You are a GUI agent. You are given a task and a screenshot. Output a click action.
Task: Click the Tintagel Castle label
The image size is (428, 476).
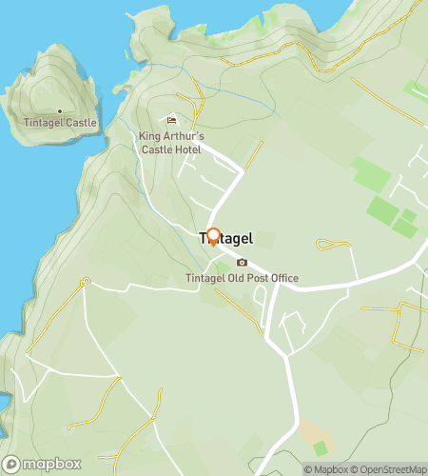tap(59, 124)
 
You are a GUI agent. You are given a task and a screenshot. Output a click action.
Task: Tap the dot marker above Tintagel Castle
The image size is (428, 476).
tap(60, 111)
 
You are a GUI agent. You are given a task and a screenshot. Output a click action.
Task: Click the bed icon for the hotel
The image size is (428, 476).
tap(171, 120)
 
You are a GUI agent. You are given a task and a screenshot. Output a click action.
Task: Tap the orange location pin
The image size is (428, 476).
tap(213, 237)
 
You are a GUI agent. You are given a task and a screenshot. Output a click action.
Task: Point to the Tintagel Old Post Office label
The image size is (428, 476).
tap(242, 278)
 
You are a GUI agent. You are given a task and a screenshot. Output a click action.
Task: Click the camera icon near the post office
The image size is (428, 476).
tap(242, 263)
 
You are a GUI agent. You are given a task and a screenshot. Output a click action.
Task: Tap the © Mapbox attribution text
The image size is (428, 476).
tap(326, 469)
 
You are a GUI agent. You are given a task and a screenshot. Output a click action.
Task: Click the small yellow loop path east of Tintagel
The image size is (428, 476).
tap(330, 246)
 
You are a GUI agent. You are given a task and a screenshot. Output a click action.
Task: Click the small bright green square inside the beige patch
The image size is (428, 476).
tap(321, 447)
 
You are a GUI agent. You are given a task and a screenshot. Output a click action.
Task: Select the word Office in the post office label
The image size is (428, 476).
tap(282, 278)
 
